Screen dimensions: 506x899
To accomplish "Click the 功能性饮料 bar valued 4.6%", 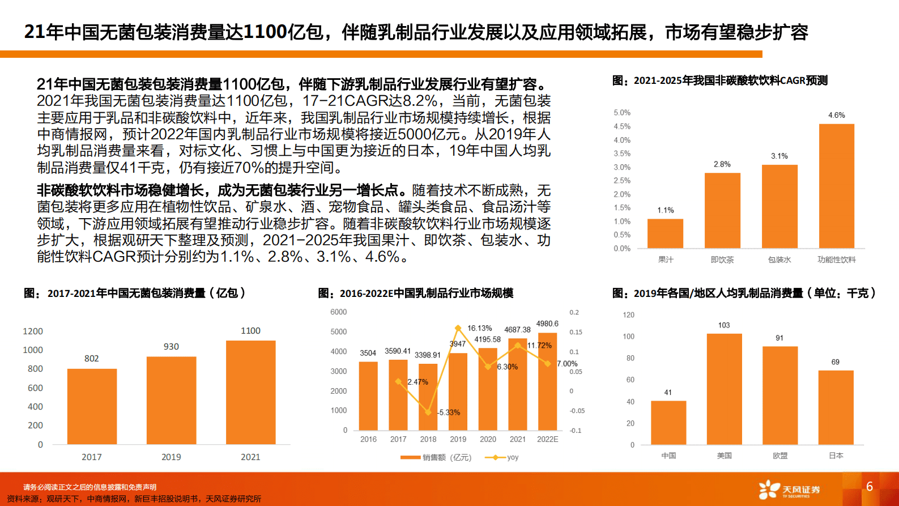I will pyautogui.click(x=836, y=186).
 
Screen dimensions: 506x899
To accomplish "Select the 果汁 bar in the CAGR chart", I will pyautogui.click(x=665, y=233).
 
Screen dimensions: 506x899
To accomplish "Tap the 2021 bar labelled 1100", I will pyautogui.click(x=250, y=392).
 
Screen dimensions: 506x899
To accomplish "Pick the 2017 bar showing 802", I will pyautogui.click(x=92, y=406).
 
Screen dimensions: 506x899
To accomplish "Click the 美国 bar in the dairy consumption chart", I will pyautogui.click(x=724, y=389).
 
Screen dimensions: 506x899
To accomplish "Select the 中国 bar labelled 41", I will pyautogui.click(x=668, y=423).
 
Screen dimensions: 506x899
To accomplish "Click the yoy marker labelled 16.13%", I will pyautogui.click(x=458, y=328).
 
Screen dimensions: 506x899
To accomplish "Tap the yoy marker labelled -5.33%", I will pyautogui.click(x=428, y=413).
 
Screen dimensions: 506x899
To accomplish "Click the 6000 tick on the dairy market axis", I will pyautogui.click(x=338, y=312).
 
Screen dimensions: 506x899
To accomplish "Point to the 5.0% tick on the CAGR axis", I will pyautogui.click(x=621, y=113).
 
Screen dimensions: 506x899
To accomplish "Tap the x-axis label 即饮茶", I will pyautogui.click(x=722, y=260).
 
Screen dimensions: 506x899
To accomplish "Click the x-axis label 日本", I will pyautogui.click(x=836, y=456).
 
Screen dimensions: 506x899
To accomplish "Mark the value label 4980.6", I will pyautogui.click(x=547, y=324).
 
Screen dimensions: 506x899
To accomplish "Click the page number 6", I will pyautogui.click(x=870, y=486).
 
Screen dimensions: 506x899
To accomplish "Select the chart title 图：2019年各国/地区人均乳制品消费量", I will pyautogui.click(x=744, y=293).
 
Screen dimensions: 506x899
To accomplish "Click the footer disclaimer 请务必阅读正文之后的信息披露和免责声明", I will pyautogui.click(x=90, y=487).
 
